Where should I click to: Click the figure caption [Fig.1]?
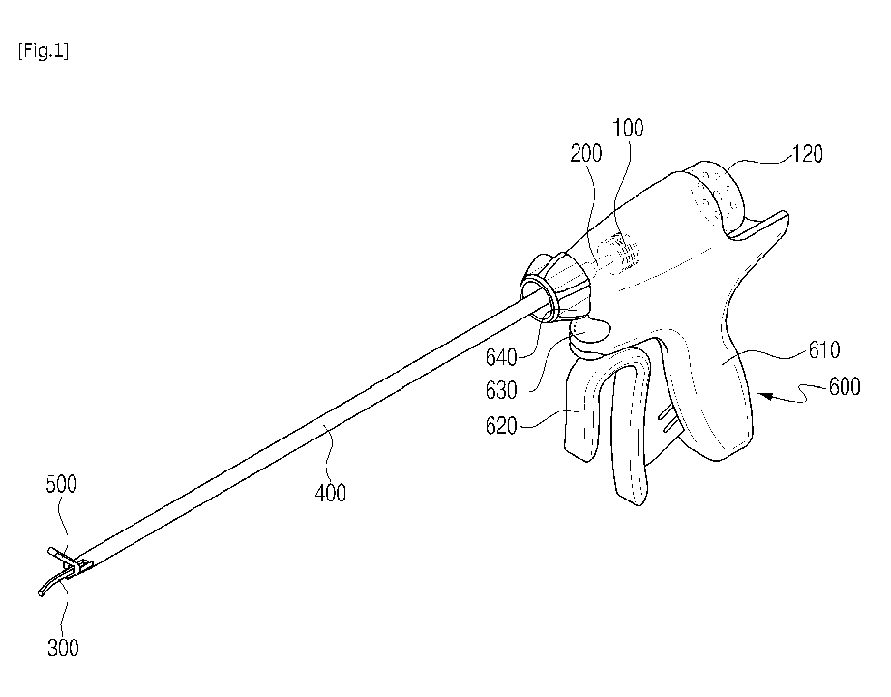tap(43, 51)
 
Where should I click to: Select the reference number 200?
tap(586, 153)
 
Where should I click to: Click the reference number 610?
tap(819, 349)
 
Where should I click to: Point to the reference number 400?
tap(329, 493)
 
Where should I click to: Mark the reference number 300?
tap(65, 648)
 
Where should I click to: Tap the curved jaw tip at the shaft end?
tap(46, 587)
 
